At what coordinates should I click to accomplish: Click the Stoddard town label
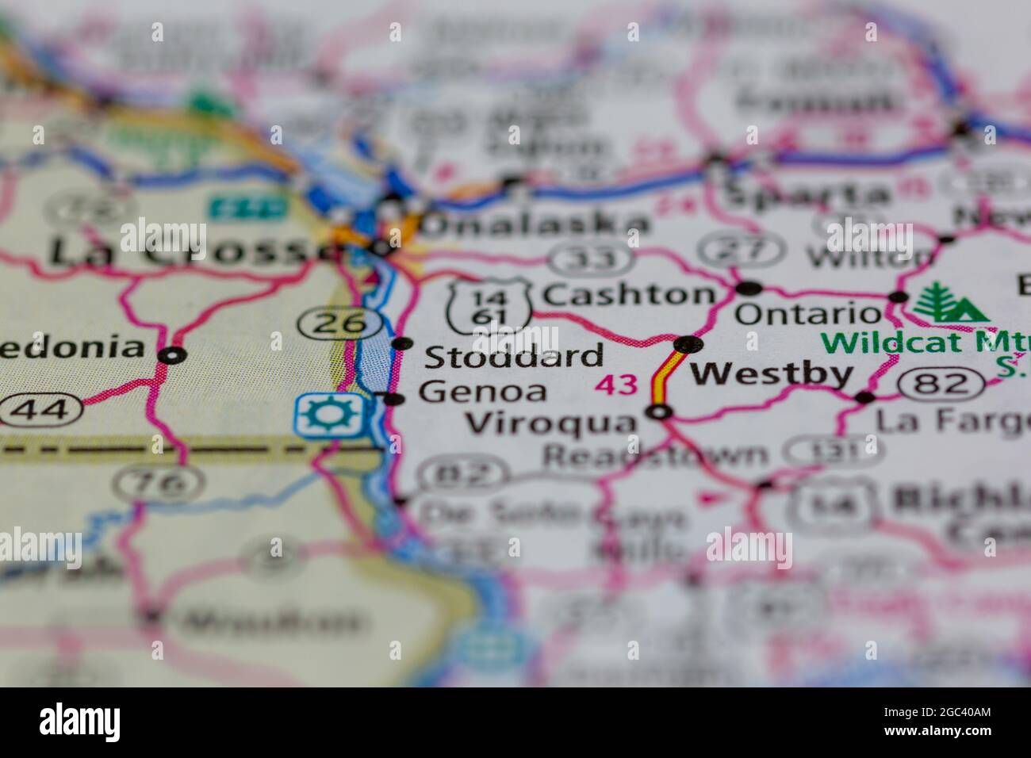pos(514,356)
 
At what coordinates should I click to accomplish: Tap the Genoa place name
pos(483,392)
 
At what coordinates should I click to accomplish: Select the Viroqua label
pos(552,423)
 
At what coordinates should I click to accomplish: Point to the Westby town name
pos(772,373)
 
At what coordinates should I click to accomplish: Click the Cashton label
pos(628,295)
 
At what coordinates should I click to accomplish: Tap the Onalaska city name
pos(536,224)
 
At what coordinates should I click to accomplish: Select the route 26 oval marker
pos(347,323)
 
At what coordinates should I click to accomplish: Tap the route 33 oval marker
pos(586,258)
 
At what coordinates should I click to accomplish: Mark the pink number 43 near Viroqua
pos(617,385)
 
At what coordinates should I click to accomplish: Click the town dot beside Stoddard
pos(404,344)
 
